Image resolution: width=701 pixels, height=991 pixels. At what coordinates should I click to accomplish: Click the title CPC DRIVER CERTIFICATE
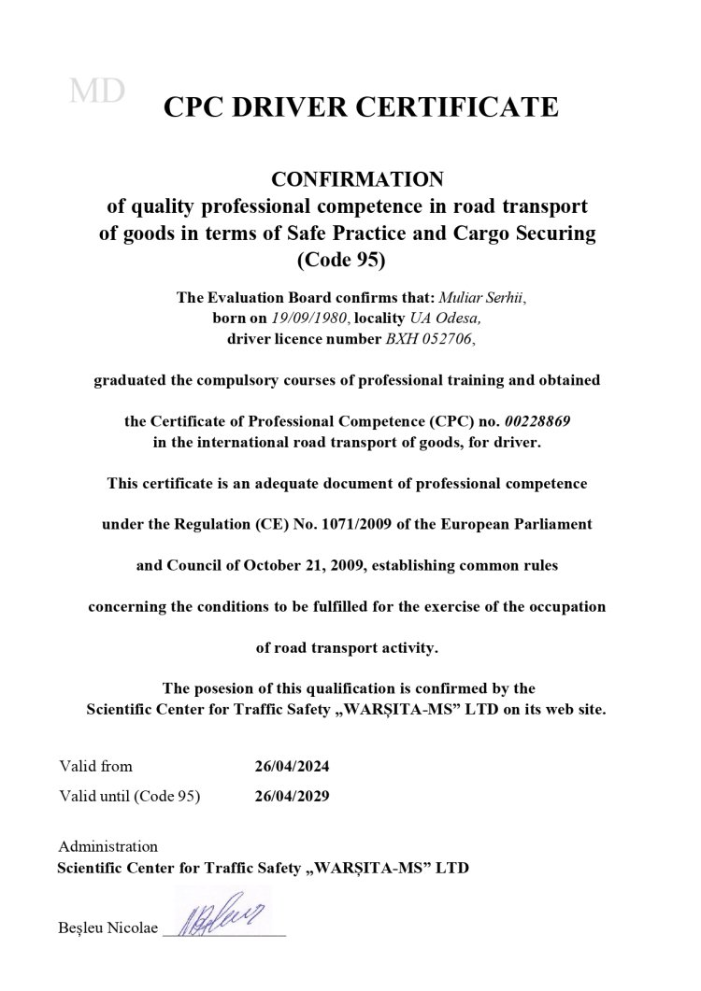(x=362, y=107)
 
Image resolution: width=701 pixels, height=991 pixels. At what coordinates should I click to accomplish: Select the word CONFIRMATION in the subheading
(x=348, y=177)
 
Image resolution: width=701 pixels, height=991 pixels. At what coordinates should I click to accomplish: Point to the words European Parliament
(x=527, y=524)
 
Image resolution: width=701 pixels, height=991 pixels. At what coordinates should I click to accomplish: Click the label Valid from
(x=95, y=766)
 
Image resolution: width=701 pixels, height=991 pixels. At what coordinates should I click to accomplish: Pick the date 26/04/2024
(x=292, y=767)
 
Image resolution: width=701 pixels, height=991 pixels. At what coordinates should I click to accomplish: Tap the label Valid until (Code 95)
(x=130, y=797)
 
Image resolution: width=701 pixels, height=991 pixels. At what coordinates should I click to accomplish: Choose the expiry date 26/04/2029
(x=292, y=797)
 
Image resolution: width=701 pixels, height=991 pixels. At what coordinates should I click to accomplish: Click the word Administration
(x=107, y=846)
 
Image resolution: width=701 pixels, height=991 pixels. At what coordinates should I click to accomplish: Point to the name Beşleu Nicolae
(x=107, y=928)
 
